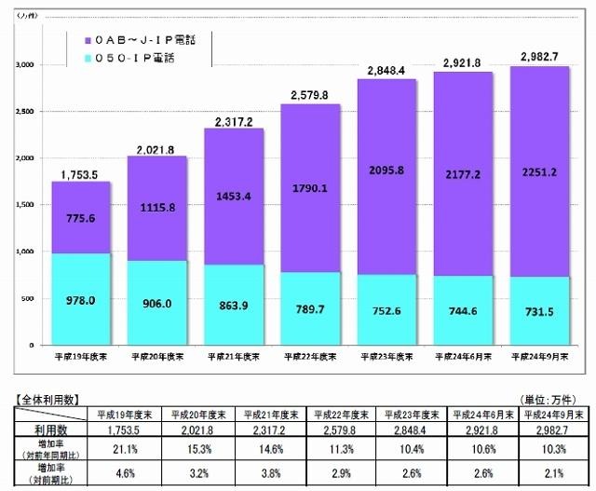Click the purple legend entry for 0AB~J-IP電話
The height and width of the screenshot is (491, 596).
144,40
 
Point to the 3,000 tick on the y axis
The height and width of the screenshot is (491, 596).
24,65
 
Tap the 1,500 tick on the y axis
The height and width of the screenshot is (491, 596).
24,205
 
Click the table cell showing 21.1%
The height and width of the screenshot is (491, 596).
123,449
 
